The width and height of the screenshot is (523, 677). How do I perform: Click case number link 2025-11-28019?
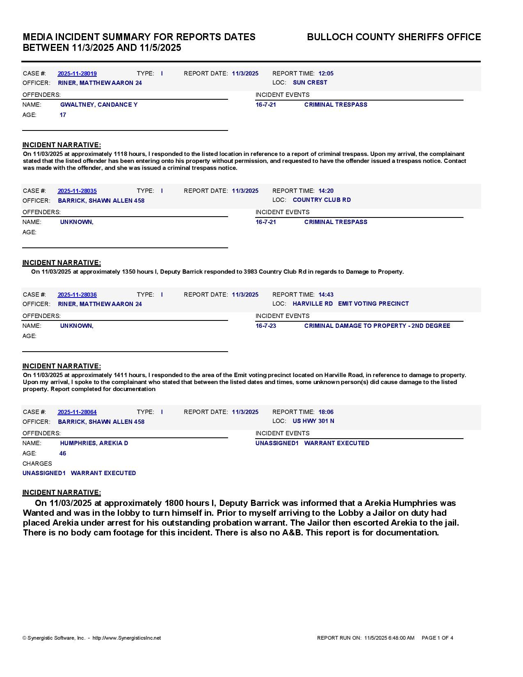[x=77, y=74]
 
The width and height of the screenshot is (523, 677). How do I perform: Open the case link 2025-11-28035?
[x=77, y=191]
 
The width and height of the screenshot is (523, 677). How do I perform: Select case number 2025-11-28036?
[x=77, y=295]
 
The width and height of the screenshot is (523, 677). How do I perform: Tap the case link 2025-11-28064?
[x=77, y=412]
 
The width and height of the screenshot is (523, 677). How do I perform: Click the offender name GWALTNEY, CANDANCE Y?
[x=99, y=105]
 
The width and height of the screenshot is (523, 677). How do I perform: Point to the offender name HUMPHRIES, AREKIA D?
[x=94, y=444]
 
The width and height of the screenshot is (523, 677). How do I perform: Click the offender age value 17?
[x=63, y=115]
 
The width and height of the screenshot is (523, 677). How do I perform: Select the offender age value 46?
[x=63, y=454]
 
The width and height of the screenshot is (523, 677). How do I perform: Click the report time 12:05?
[x=326, y=74]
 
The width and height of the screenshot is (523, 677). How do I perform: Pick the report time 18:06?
[x=326, y=412]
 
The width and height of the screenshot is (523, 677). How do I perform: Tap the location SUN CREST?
[x=310, y=83]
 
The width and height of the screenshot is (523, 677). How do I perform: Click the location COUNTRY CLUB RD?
[x=322, y=200]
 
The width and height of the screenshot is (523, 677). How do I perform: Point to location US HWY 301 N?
[x=313, y=421]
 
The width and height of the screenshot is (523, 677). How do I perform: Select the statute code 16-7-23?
[x=266, y=326]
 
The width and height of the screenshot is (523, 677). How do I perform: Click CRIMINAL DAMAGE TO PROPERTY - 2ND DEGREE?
[x=377, y=326]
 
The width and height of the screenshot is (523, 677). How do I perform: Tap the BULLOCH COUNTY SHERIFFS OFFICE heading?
[x=394, y=37]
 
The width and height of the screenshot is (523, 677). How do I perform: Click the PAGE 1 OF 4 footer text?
[x=437, y=638]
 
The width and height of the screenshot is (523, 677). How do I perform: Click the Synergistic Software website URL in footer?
[x=126, y=638]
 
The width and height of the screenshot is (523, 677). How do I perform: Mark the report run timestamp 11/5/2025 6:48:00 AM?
[x=389, y=638]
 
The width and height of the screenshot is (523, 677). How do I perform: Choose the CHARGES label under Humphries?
[x=37, y=464]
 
